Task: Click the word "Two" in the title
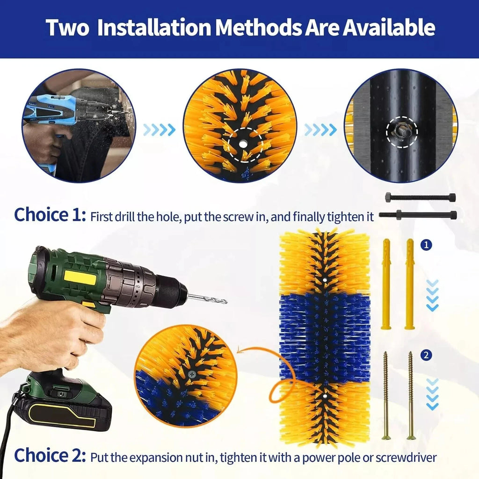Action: pos(67,28)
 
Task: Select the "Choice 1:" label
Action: pos(50,215)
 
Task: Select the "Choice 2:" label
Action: pos(50,456)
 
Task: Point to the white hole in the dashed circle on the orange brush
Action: pos(243,144)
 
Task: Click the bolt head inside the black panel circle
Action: pos(400,131)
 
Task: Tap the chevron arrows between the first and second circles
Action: pos(159,130)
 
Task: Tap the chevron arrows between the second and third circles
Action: pos(320,130)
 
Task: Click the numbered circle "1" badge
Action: pos(426,245)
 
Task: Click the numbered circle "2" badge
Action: pos(426,356)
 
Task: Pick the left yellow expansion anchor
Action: pos(386,284)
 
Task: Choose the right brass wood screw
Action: pos(411,396)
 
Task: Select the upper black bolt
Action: pos(421,197)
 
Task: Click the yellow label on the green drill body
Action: pos(80,278)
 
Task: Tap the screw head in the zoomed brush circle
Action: pos(192,374)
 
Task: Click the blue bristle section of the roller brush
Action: pos(325,338)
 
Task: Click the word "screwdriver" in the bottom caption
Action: pos(406,457)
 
